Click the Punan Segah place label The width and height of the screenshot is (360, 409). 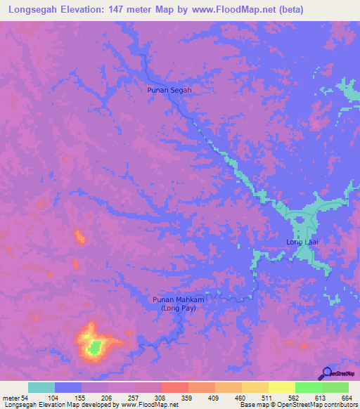169,90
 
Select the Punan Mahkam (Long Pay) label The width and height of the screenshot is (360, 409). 179,304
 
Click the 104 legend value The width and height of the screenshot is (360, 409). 55,398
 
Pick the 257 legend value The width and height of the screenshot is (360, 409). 135,398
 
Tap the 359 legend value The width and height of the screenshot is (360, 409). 188,398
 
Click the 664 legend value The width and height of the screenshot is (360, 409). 346,398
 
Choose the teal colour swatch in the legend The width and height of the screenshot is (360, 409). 41,388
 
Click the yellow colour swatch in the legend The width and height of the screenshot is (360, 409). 281,388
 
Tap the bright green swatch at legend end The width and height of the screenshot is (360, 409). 335,388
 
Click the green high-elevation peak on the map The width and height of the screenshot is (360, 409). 94,346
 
